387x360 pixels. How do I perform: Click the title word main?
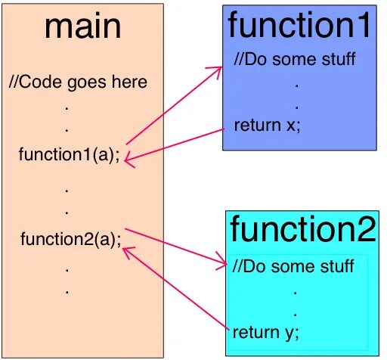click(82, 27)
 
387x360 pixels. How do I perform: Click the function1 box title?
click(300, 26)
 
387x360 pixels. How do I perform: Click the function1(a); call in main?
click(69, 156)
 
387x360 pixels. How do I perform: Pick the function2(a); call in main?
click(70, 241)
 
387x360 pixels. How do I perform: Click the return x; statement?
click(267, 126)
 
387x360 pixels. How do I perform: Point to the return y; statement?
click(266, 332)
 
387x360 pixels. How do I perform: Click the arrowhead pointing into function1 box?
click(218, 69)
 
